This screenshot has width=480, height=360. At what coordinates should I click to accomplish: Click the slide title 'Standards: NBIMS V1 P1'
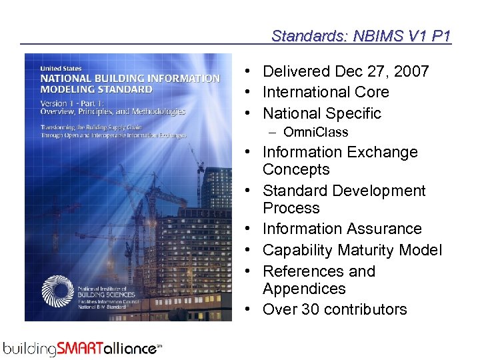coord(361,35)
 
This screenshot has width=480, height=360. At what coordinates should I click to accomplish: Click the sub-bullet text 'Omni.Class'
coord(315,132)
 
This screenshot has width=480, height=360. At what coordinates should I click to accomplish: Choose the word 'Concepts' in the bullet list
coord(296,169)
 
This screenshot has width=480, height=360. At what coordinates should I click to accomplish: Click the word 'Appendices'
coord(304,289)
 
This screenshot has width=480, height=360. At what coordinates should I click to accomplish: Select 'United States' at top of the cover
coord(62,68)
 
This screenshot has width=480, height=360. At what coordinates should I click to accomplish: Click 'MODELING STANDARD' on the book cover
coord(97,89)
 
